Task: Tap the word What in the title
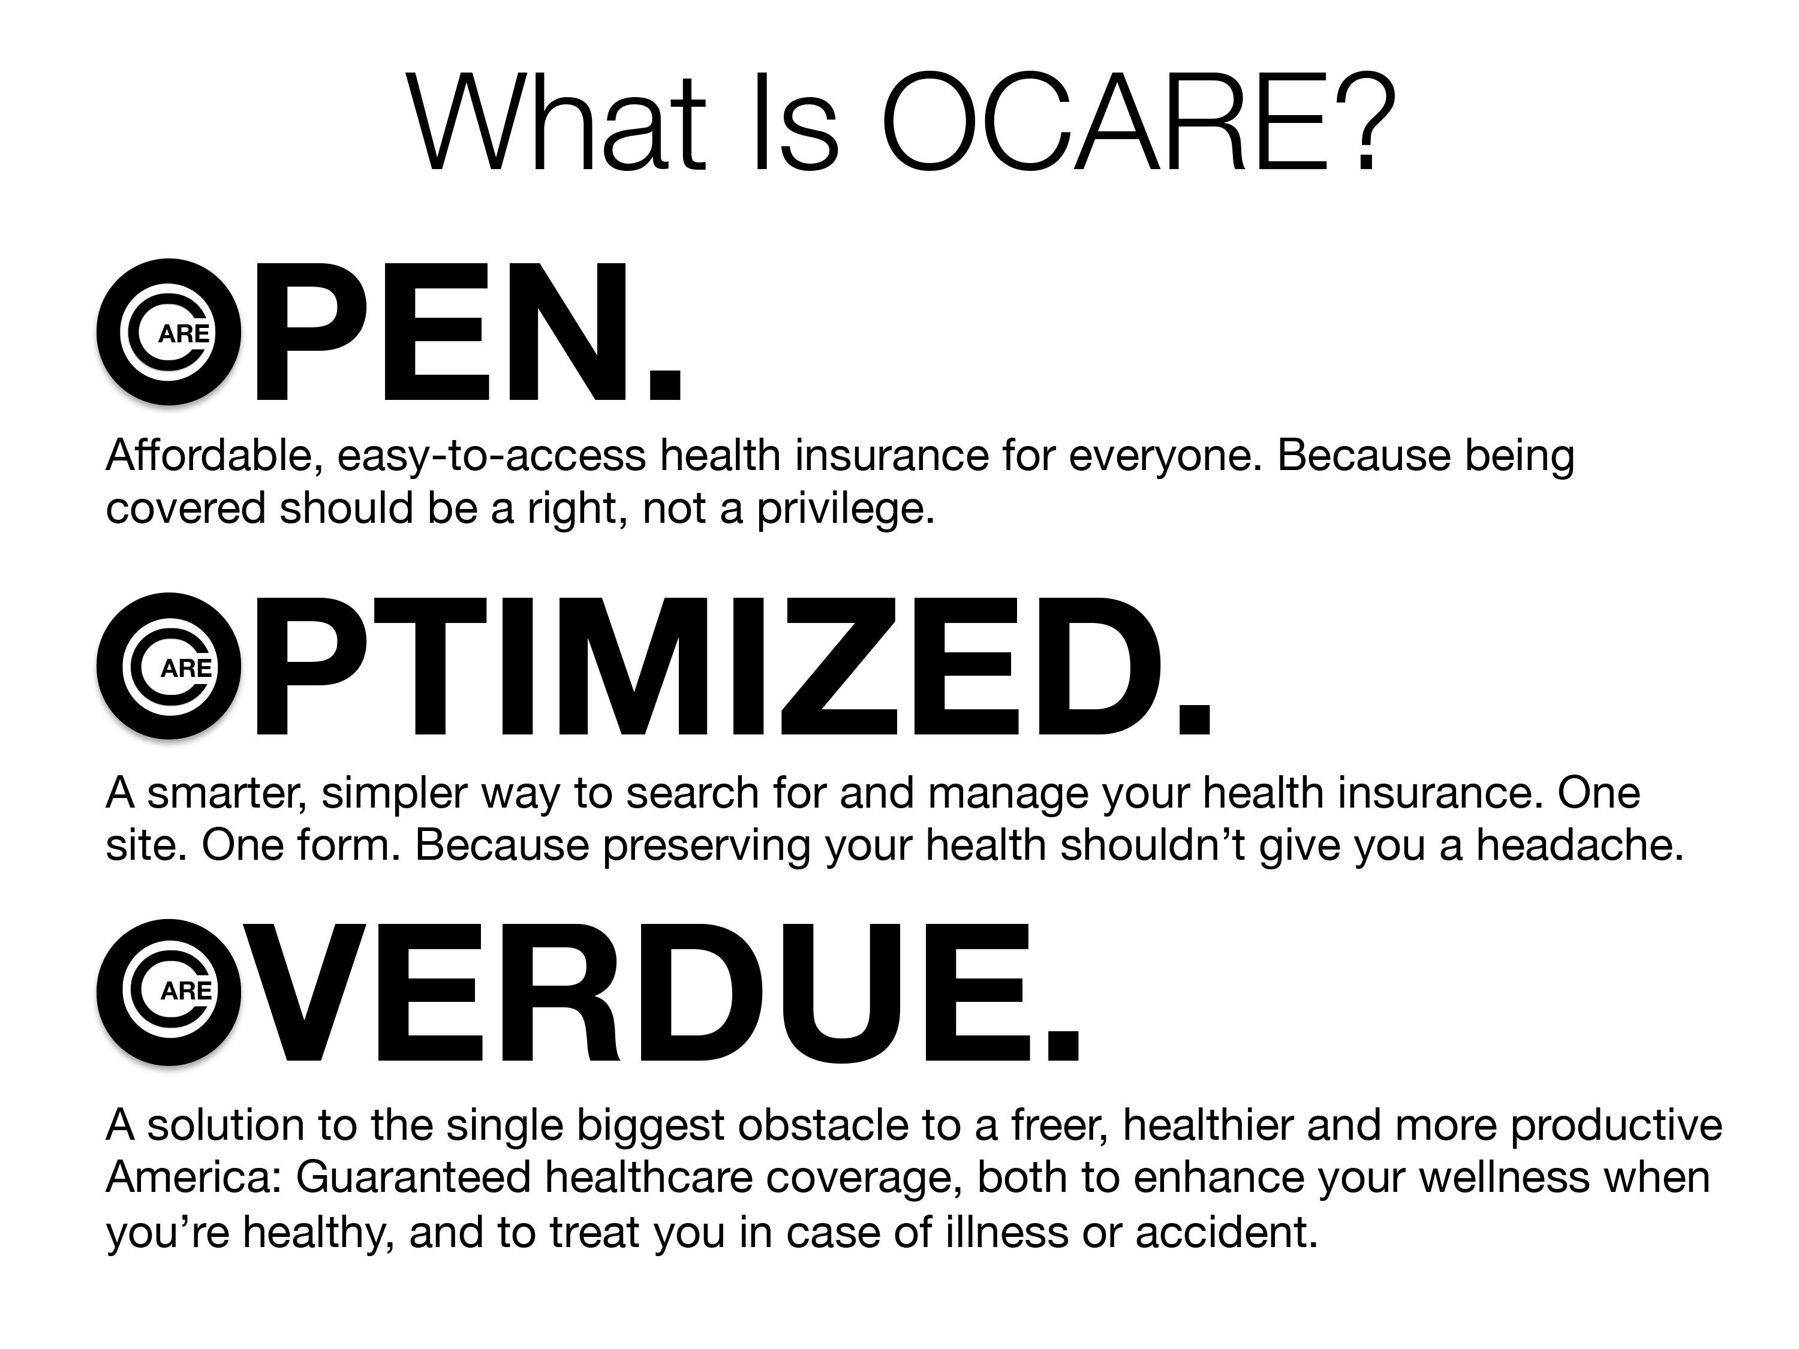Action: tap(558, 122)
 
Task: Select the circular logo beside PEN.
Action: tap(169, 332)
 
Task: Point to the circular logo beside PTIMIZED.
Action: tap(169, 666)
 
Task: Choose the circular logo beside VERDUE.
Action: tap(169, 992)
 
